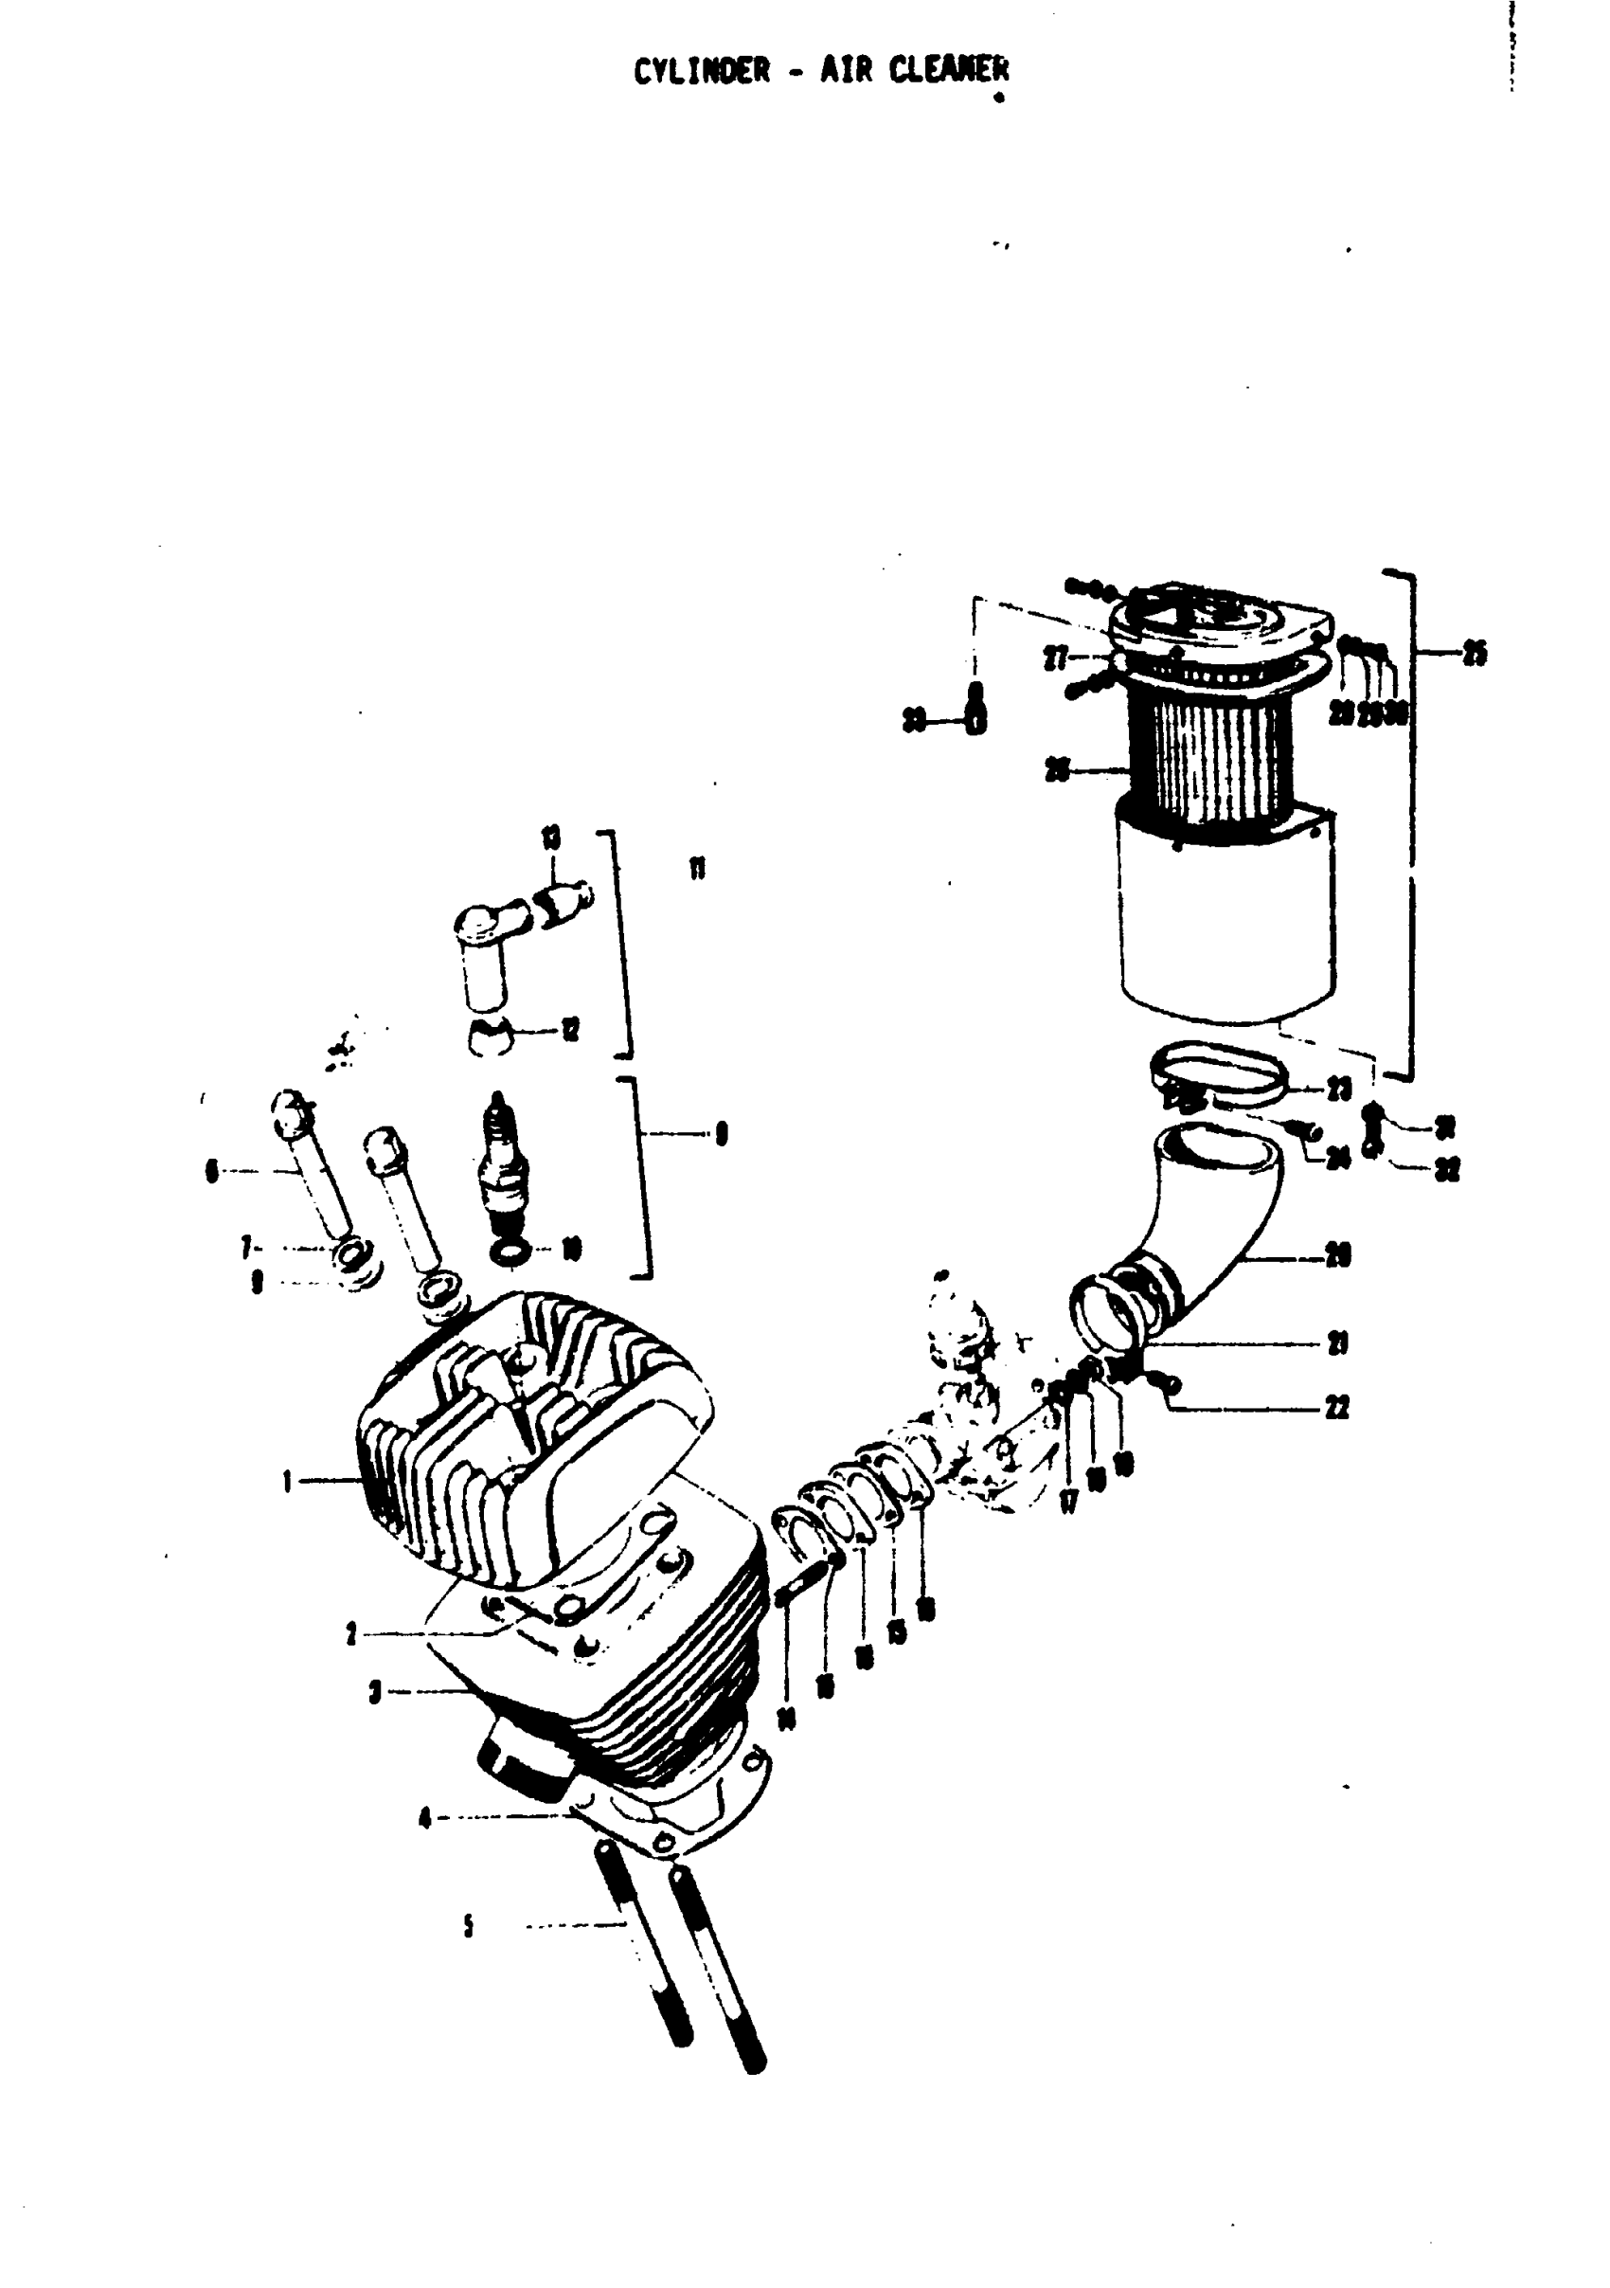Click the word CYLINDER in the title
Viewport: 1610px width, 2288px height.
point(703,72)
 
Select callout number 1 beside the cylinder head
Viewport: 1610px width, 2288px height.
point(287,1483)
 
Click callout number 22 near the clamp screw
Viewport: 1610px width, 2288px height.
point(1337,1408)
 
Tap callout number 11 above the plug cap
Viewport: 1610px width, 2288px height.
point(697,869)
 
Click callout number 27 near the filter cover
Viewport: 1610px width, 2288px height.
point(1055,658)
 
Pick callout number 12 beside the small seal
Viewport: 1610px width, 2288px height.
point(571,1031)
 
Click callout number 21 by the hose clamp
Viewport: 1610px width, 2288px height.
point(1339,1344)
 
